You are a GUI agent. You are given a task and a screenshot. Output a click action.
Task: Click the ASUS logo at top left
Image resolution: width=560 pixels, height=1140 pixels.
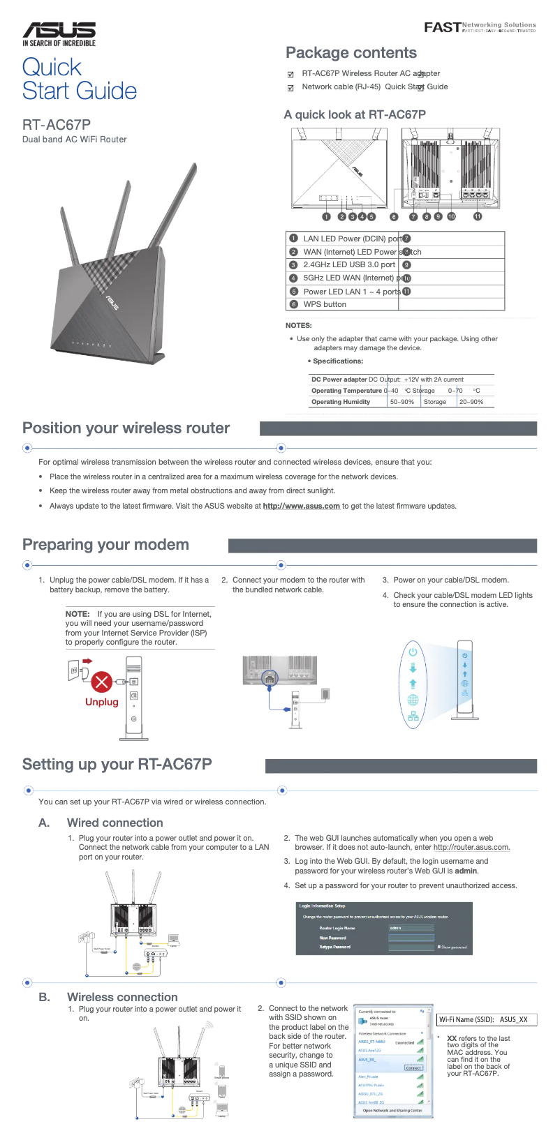[59, 33]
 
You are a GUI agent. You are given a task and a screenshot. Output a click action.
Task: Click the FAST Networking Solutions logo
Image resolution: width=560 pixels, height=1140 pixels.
[480, 27]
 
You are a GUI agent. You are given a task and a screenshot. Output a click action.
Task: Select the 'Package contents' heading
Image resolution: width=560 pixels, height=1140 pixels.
[351, 53]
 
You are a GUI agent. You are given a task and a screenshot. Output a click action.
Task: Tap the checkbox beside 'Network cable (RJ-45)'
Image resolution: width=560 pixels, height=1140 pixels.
[291, 88]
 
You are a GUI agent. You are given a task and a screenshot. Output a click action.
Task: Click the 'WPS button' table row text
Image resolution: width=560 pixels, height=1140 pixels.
[325, 304]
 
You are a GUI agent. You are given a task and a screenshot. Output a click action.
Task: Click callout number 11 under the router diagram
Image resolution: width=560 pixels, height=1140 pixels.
[478, 216]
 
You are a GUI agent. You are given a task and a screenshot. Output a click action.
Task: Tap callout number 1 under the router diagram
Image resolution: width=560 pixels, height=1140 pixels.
[326, 216]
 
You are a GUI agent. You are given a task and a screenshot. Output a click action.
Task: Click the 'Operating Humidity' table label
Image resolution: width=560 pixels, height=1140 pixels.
[341, 402]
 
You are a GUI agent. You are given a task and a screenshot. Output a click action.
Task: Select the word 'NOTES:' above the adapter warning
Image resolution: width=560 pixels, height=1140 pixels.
[299, 325]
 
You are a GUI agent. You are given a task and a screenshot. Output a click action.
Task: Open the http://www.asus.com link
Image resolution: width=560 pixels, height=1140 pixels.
[301, 507]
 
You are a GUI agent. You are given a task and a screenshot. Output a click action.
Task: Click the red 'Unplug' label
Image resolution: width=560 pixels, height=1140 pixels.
[102, 702]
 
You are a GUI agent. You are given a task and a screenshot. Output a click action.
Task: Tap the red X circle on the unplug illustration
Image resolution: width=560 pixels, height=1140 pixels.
[102, 681]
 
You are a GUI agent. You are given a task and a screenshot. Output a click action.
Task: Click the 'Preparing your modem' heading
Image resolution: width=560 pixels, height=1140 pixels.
[105, 545]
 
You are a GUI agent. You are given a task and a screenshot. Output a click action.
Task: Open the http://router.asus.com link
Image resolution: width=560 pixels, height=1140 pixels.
[471, 848]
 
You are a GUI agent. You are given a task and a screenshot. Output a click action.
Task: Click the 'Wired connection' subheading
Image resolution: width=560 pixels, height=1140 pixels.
[115, 823]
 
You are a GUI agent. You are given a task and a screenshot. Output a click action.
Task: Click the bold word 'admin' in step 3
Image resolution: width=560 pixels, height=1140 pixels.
[466, 871]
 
